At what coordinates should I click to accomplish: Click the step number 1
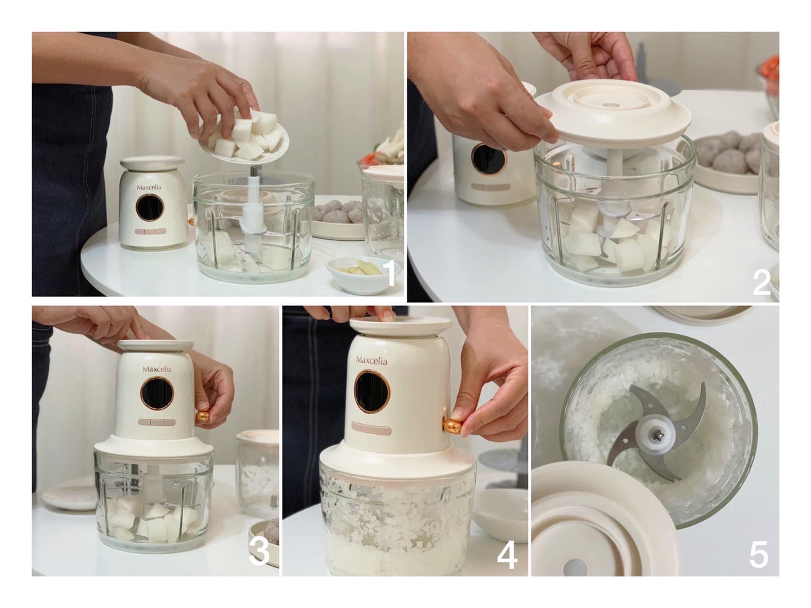pos(388,274)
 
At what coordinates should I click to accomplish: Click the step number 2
pos(761,283)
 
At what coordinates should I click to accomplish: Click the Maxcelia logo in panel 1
pos(149,187)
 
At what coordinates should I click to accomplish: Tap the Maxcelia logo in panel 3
pos(157,369)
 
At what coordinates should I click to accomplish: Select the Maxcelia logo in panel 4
pos(371,360)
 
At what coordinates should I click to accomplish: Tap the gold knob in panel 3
pos(202,416)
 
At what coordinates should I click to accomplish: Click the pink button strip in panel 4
pos(370,429)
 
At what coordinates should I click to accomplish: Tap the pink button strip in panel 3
pos(156,421)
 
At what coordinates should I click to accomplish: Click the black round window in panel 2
pos(488,159)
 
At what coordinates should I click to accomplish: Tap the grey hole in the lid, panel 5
pos(576,567)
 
